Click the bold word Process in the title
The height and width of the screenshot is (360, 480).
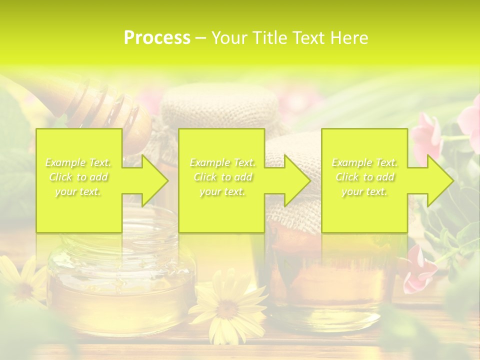tap(157, 38)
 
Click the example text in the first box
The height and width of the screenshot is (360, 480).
tap(78, 177)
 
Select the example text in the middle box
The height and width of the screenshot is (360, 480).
tap(222, 177)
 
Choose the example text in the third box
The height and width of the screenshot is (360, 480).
tap(364, 177)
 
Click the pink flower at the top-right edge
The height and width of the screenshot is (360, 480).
tap(470, 120)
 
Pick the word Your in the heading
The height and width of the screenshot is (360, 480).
tap(228, 38)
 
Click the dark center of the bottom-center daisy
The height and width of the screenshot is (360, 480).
tap(227, 309)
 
